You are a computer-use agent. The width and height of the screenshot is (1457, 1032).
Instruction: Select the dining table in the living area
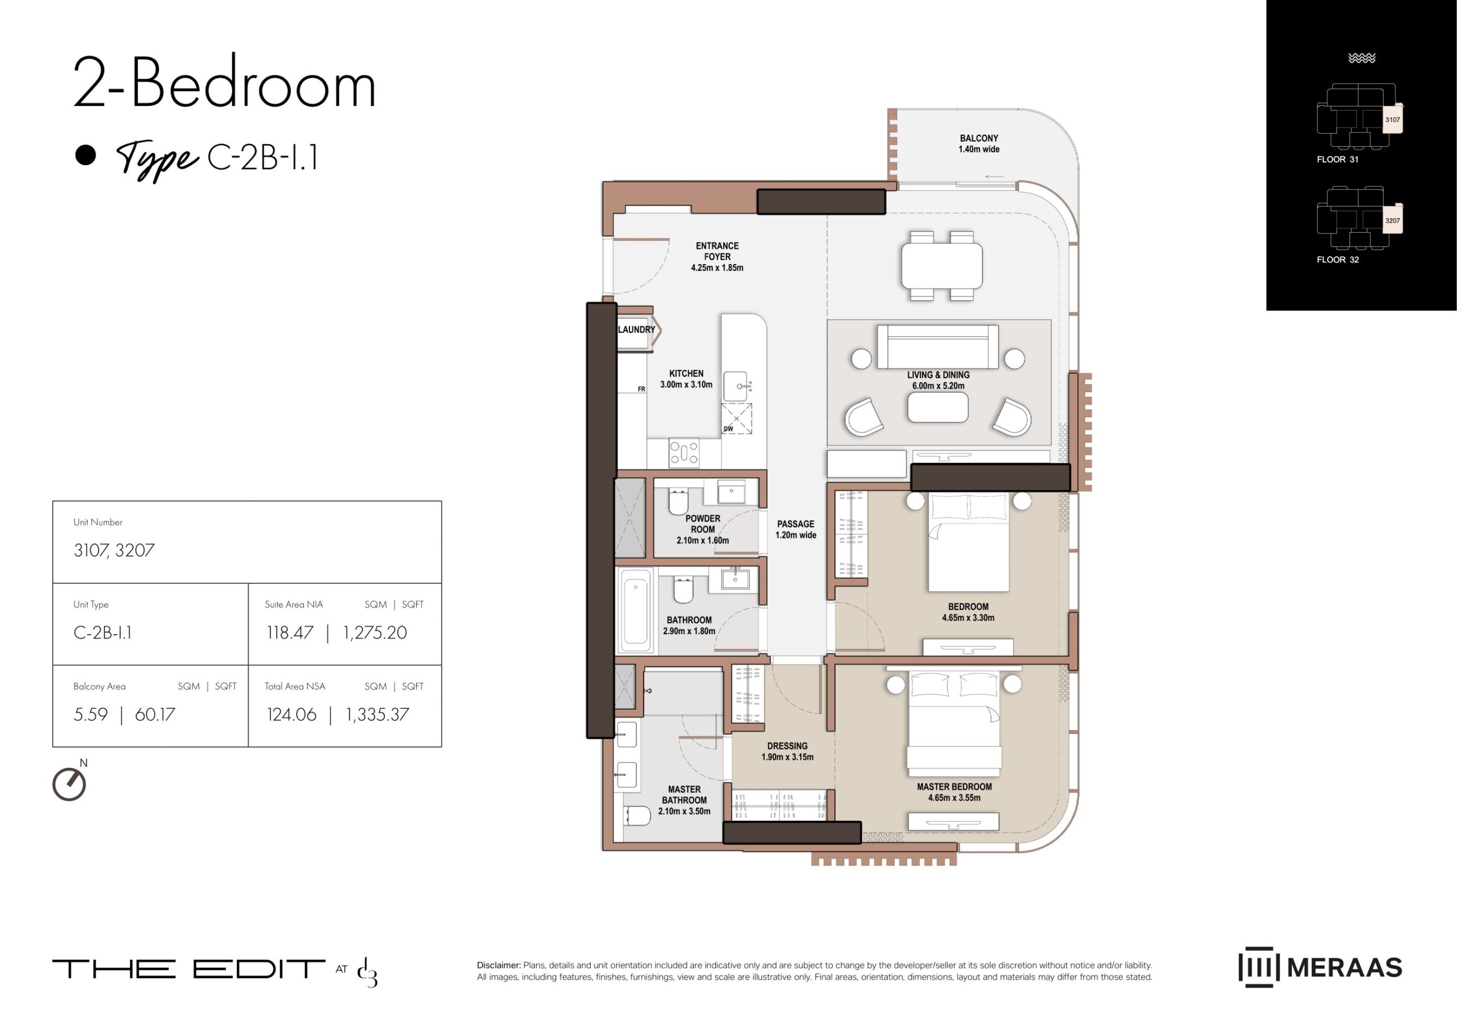pos(942,266)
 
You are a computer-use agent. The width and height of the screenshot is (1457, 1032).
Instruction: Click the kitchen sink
pos(736,387)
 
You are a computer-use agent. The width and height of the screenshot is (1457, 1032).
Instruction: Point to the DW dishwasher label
pos(728,429)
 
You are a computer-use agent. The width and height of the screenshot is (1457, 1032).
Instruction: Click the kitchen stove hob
pos(684,453)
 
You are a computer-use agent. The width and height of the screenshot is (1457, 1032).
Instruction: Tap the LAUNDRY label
pos(636,330)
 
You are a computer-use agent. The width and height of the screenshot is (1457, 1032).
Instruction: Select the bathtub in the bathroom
pos(636,610)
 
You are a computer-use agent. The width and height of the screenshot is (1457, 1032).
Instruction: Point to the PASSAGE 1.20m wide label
pos(796,529)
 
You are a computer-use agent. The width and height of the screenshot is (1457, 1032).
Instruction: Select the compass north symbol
pos(69,784)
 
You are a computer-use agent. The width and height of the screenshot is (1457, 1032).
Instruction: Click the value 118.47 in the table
pos(290,633)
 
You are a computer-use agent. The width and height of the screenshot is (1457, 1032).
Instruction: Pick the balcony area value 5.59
pos(91,714)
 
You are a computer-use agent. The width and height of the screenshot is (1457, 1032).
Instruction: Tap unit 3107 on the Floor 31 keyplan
pos(1392,120)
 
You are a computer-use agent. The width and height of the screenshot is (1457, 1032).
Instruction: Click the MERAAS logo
pos(1320,967)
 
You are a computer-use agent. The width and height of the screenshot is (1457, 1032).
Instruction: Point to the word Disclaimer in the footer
pos(499,965)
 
